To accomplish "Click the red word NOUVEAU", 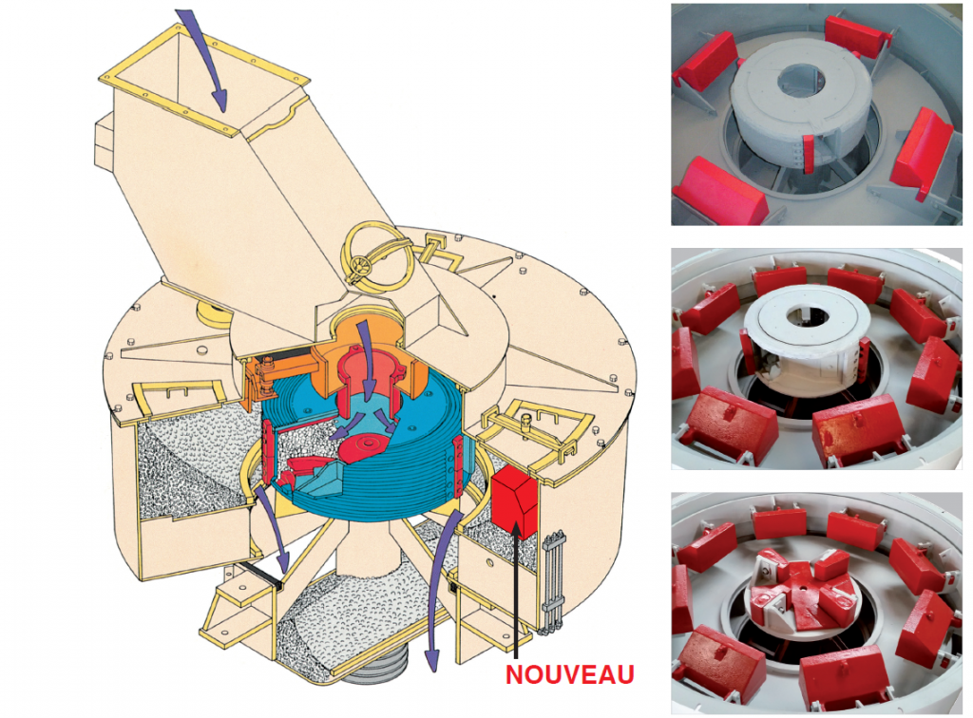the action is click(x=570, y=674).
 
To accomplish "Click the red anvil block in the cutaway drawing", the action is click(x=514, y=501).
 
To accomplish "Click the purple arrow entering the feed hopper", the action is click(x=206, y=60).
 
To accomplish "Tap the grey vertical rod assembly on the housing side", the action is click(x=554, y=583).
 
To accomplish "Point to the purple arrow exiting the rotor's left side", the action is click(x=273, y=531).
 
